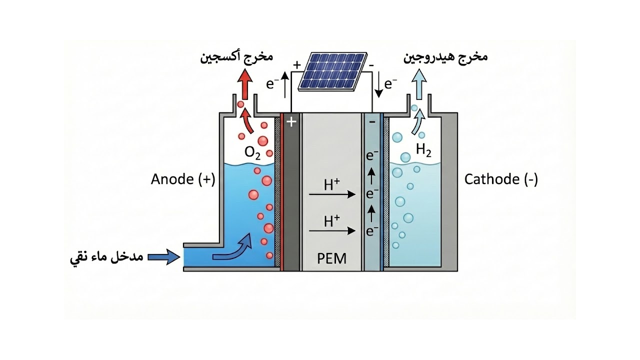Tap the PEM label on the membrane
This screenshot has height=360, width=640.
click(x=331, y=258)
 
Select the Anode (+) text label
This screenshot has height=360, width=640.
click(x=182, y=179)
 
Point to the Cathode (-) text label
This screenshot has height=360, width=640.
click(x=501, y=179)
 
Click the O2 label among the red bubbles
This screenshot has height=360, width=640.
click(x=252, y=152)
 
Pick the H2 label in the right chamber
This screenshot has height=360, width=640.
click(x=423, y=150)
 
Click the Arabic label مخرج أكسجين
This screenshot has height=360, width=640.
click(x=236, y=56)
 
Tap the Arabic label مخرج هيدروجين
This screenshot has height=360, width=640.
click(x=445, y=56)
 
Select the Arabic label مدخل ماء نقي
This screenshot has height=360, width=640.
click(x=106, y=257)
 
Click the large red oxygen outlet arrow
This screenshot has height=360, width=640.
click(x=245, y=85)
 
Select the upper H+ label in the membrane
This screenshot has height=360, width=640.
click(x=331, y=185)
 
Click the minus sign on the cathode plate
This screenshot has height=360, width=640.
click(x=371, y=121)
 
